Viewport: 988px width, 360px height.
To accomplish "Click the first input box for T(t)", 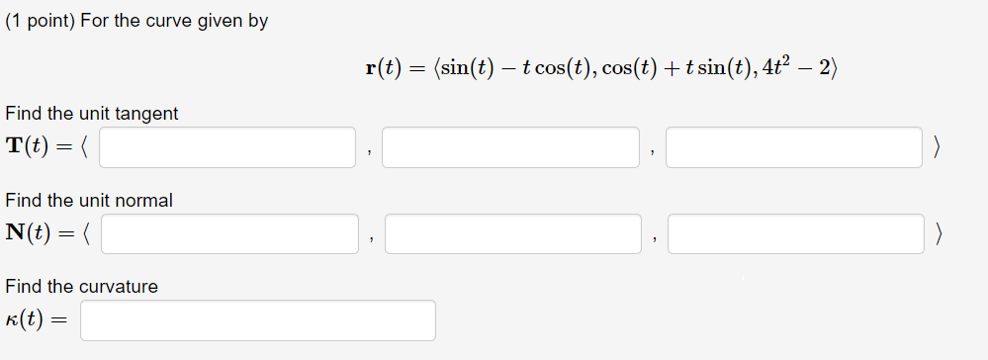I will pyautogui.click(x=227, y=147).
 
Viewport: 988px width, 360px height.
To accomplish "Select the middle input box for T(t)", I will pyautogui.click(x=510, y=147).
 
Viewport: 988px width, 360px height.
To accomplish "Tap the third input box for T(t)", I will pyautogui.click(x=794, y=147).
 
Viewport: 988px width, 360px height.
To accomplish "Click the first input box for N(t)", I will pyautogui.click(x=229, y=233).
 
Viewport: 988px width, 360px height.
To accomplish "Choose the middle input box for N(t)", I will pyautogui.click(x=513, y=233).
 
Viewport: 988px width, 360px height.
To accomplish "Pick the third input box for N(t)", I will pyautogui.click(x=796, y=233).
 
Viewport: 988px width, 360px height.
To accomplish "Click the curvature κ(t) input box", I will pyautogui.click(x=258, y=320).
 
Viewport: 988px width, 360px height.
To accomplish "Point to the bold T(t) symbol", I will pyautogui.click(x=31, y=146).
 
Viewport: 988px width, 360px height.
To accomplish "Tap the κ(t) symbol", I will pyautogui.click(x=28, y=320).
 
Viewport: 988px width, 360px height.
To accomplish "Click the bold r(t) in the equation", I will pyautogui.click(x=382, y=68).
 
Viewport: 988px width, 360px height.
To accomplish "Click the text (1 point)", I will pyautogui.click(x=41, y=21).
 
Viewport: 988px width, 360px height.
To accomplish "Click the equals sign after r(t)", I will pyautogui.click(x=414, y=68).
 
